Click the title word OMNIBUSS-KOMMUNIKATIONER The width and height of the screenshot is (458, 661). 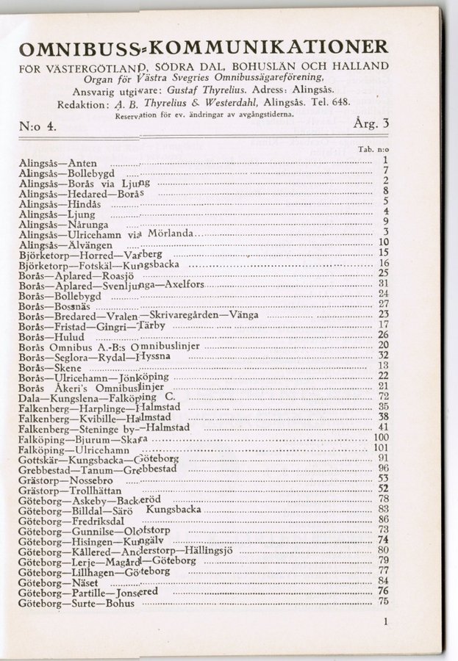click(204, 49)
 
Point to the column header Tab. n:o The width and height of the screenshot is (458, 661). click(373, 149)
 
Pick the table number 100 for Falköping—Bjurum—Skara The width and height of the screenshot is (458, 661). click(381, 438)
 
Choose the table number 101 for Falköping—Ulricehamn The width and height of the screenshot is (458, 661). click(381, 449)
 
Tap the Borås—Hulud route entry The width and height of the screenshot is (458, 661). click(47, 336)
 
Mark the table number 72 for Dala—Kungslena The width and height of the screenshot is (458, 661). click(383, 397)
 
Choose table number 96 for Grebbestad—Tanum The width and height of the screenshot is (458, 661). click(382, 469)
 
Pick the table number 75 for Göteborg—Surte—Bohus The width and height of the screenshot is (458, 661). click(382, 602)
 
